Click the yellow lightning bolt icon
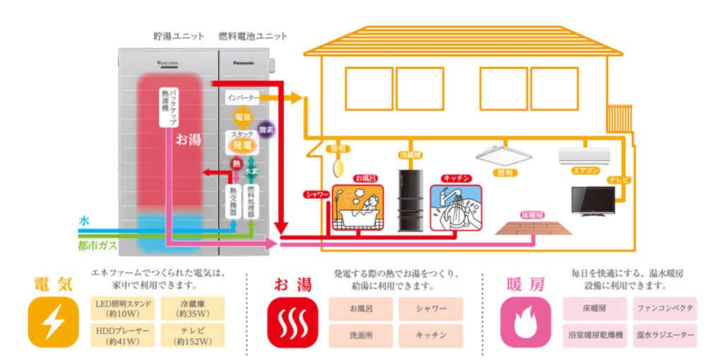[x=53, y=322]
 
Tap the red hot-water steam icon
[x=292, y=322]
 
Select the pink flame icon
[x=525, y=322]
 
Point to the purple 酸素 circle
[x=266, y=130]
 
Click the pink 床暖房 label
[x=532, y=214]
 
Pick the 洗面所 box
[x=360, y=335]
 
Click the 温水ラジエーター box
[x=664, y=335]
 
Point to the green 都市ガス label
[x=94, y=246]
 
